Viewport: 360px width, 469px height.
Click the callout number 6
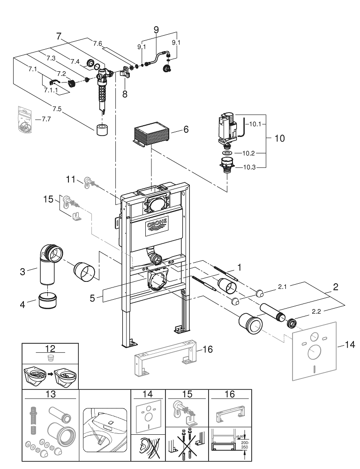(186, 129)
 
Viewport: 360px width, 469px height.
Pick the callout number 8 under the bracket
(125, 94)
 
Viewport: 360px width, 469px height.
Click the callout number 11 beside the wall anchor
(70, 179)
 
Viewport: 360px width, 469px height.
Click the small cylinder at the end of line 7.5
(102, 129)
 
